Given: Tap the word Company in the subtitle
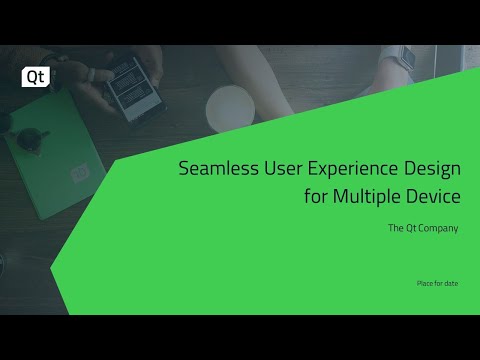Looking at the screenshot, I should point(438,229).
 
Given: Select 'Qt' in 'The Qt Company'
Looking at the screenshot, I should point(410,228).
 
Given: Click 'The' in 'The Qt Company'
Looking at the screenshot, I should point(395,228).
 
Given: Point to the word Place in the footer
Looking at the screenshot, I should point(426,284).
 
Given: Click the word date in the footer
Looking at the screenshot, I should point(451,284).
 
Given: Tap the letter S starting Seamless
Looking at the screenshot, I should point(184,169).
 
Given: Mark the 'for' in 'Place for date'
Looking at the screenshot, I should point(439,284).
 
